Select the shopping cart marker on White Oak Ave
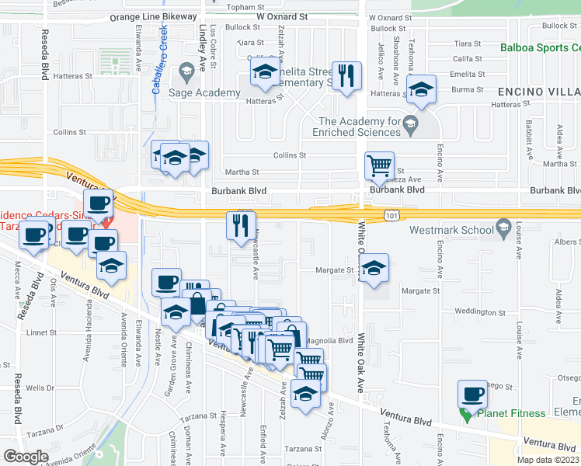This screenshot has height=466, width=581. (x=379, y=165)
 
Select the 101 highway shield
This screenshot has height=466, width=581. (x=391, y=214)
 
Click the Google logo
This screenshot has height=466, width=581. (x=26, y=456)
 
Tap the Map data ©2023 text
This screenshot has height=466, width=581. (x=547, y=460)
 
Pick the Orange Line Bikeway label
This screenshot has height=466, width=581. (x=153, y=16)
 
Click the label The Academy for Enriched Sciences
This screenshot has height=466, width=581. (x=370, y=126)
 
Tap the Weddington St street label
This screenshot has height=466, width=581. (x=479, y=312)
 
